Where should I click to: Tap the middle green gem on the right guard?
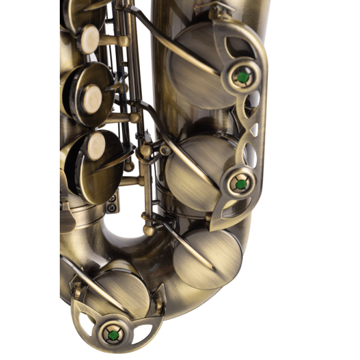[x=239, y=183]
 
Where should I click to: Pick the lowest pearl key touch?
[x=96, y=147]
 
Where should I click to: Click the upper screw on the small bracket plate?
[x=113, y=199]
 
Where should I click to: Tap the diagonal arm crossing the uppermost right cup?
[x=179, y=49]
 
